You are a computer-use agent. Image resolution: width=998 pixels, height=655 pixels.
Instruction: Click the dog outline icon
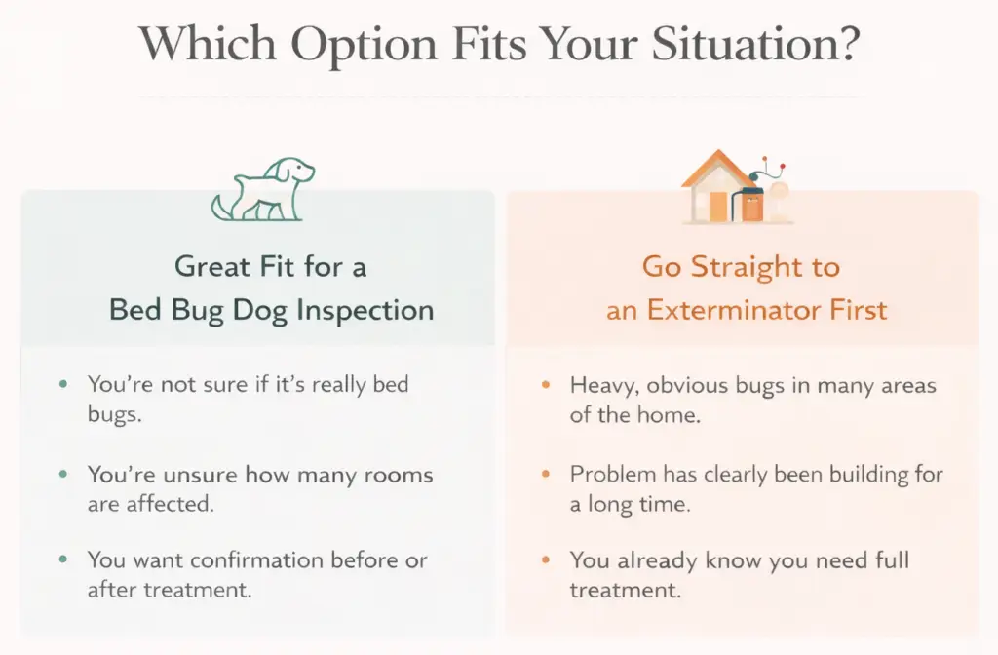(263, 190)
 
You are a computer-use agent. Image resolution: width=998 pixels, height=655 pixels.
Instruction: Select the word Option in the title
(365, 46)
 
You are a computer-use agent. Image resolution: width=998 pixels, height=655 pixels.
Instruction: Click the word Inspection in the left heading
(365, 311)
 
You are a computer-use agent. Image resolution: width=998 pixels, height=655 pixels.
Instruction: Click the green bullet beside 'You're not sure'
(63, 384)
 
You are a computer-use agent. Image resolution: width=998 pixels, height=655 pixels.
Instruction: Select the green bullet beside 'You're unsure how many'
(63, 475)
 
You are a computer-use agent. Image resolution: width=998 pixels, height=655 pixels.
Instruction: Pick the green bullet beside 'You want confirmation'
(63, 560)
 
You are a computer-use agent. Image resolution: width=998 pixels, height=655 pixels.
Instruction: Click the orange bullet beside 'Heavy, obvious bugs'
(546, 384)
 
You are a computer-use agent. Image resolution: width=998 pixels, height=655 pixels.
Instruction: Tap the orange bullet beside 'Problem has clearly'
(546, 475)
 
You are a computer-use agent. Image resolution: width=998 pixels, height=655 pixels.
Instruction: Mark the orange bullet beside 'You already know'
(546, 560)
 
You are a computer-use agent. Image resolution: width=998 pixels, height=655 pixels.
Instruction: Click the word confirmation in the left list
(256, 560)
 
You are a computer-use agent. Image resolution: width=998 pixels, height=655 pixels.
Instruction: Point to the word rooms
(399, 475)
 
